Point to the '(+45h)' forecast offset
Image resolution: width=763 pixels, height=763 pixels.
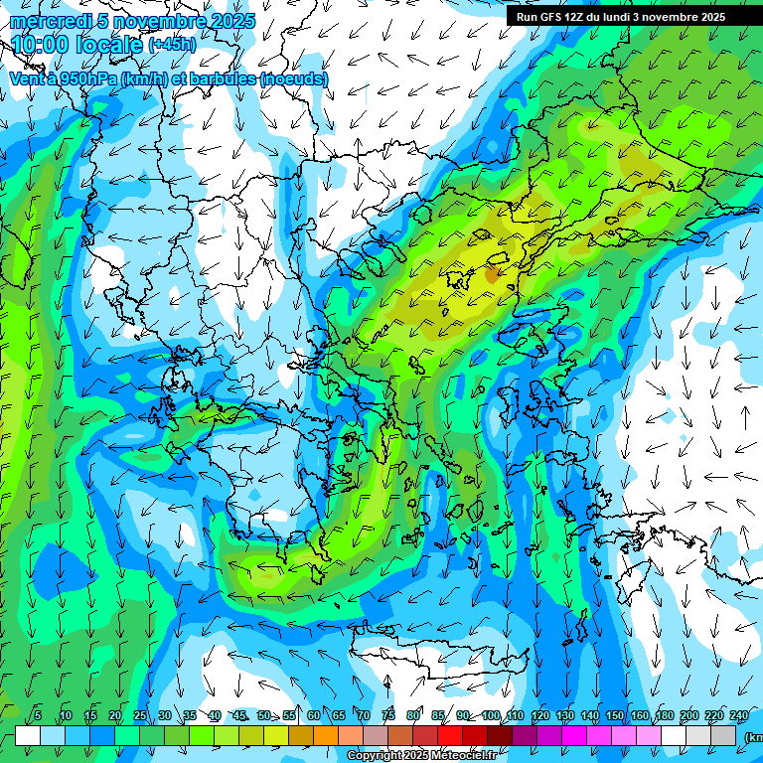172,45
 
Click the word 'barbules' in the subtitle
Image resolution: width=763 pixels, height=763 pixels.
221,78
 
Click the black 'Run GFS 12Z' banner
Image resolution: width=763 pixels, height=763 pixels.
620,17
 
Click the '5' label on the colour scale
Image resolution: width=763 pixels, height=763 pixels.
38,716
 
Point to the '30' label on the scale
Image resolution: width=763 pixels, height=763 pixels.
164,716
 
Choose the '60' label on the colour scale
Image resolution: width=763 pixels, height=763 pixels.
313,716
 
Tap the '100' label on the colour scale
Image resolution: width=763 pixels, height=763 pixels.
491,716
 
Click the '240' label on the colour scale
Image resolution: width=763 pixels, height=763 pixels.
739,716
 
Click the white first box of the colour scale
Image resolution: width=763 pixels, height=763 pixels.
28,735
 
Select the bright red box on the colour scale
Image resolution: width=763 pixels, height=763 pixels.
450,735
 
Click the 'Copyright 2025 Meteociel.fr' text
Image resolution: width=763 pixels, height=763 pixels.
421,756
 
